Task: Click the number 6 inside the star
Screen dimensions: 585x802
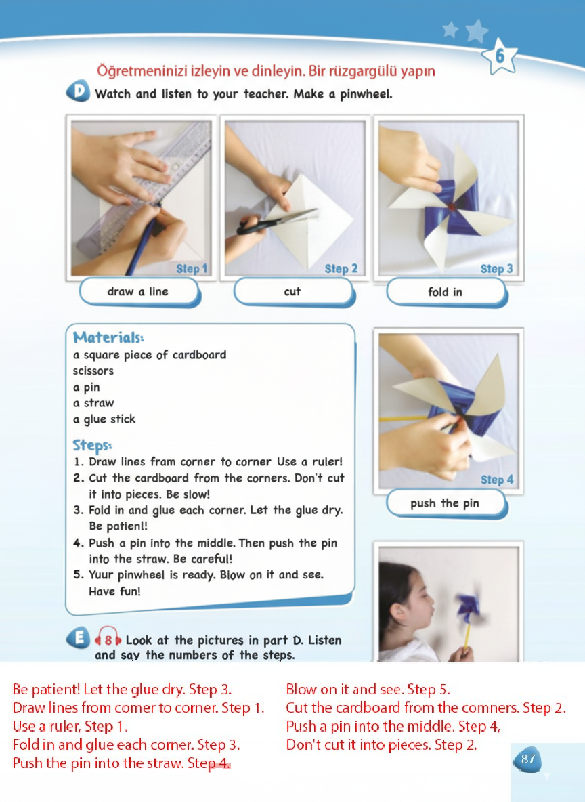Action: [500, 56]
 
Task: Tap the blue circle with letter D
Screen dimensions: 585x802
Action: [79, 91]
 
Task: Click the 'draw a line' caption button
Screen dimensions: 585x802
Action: [139, 292]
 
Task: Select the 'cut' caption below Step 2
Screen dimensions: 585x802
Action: [294, 292]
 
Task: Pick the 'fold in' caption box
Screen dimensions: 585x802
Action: [447, 292]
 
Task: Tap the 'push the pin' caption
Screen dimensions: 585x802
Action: [447, 504]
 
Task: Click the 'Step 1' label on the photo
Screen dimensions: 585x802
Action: [192, 268]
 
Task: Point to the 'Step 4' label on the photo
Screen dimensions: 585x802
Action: [496, 480]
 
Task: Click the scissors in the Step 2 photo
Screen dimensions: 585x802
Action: [276, 222]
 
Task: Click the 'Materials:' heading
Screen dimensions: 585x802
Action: [108, 337]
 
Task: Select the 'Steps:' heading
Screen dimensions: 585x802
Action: [92, 446]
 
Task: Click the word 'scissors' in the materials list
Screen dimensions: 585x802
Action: [93, 371]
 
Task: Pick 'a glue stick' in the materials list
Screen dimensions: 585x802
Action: [104, 419]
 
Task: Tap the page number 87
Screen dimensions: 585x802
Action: [527, 759]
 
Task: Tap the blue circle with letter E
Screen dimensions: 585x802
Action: [79, 638]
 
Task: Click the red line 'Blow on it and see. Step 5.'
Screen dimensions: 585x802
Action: [368, 690]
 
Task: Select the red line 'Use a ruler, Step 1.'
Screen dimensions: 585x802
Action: [70, 726]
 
